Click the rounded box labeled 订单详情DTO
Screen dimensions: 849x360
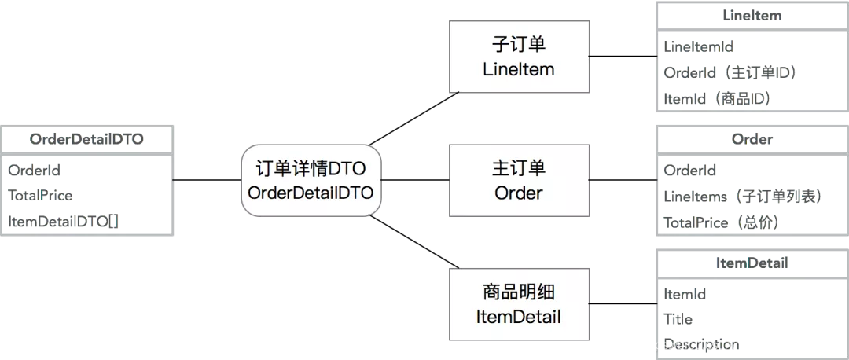(311, 181)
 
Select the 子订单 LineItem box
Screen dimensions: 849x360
(519, 57)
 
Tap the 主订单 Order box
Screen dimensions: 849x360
(519, 180)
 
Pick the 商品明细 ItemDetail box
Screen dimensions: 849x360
(519, 304)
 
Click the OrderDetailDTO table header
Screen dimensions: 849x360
(87, 139)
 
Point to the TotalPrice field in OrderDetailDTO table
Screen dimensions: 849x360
(40, 195)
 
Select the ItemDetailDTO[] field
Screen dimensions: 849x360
(64, 222)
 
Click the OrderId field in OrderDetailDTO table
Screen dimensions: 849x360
(34, 170)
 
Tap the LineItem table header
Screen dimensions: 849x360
(752, 16)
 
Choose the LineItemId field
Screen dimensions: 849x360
(699, 46)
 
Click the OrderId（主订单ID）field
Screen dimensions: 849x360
(730, 72)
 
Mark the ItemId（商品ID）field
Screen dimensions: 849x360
(717, 99)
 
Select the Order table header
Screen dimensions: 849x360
(752, 139)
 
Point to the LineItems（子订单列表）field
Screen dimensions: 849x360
(742, 197)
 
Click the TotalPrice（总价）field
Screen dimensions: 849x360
(721, 222)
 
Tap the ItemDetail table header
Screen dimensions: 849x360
(752, 263)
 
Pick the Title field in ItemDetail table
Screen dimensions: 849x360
(678, 319)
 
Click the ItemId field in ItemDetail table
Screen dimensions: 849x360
(685, 294)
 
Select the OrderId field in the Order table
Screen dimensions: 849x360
(690, 170)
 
